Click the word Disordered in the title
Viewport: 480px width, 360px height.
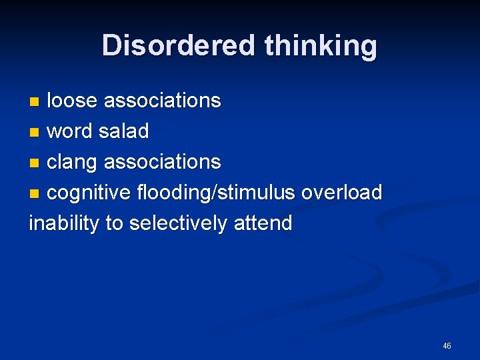179,45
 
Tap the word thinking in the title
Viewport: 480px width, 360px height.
321,45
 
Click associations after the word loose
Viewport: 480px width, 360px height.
162,101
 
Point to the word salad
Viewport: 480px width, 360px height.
123,131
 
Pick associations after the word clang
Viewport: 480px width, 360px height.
162,162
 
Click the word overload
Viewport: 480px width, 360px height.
341,193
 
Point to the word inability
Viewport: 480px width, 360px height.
64,223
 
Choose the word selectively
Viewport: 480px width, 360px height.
177,223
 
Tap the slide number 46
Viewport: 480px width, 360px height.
447,346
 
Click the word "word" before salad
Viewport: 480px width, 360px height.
70,131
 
